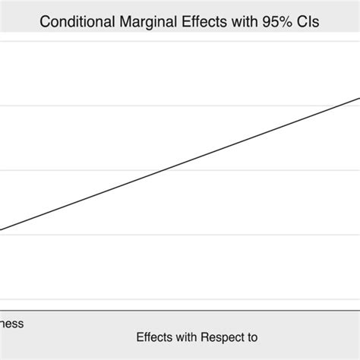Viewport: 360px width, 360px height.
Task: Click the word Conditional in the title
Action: point(75,21)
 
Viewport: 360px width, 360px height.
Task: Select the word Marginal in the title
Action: point(145,21)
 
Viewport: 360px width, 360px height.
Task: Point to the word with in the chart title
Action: point(241,21)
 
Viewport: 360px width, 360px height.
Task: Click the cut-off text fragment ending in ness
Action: point(11,324)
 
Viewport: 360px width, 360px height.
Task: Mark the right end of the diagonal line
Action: point(359,96)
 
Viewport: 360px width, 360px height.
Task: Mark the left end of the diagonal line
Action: point(1,230)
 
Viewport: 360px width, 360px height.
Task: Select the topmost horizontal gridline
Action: point(180,42)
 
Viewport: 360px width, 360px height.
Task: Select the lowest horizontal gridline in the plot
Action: point(180,299)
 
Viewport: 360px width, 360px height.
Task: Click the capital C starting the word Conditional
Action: point(45,21)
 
